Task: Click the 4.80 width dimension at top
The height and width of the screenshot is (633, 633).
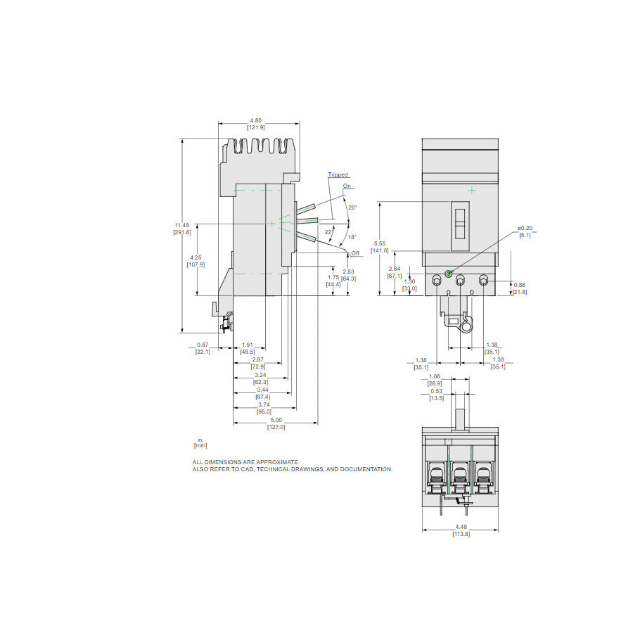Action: point(255,123)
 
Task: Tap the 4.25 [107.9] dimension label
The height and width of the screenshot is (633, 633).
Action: point(197,261)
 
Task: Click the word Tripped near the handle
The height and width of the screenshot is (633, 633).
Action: point(338,174)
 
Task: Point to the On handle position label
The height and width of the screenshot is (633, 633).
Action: point(347,186)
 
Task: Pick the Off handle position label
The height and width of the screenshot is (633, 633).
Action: point(354,252)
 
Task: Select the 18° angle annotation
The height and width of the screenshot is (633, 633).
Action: point(352,237)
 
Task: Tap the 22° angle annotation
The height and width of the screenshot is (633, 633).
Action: point(329,231)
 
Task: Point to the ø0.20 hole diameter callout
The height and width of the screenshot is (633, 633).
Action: point(525,231)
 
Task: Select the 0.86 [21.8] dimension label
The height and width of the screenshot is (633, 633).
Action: point(519,288)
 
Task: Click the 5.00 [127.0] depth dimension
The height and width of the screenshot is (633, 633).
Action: point(275,423)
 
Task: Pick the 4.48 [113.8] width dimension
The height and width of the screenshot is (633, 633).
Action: point(460,531)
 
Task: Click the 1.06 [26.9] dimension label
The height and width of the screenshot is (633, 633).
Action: point(437,381)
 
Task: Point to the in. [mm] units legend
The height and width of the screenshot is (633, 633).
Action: point(200,442)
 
